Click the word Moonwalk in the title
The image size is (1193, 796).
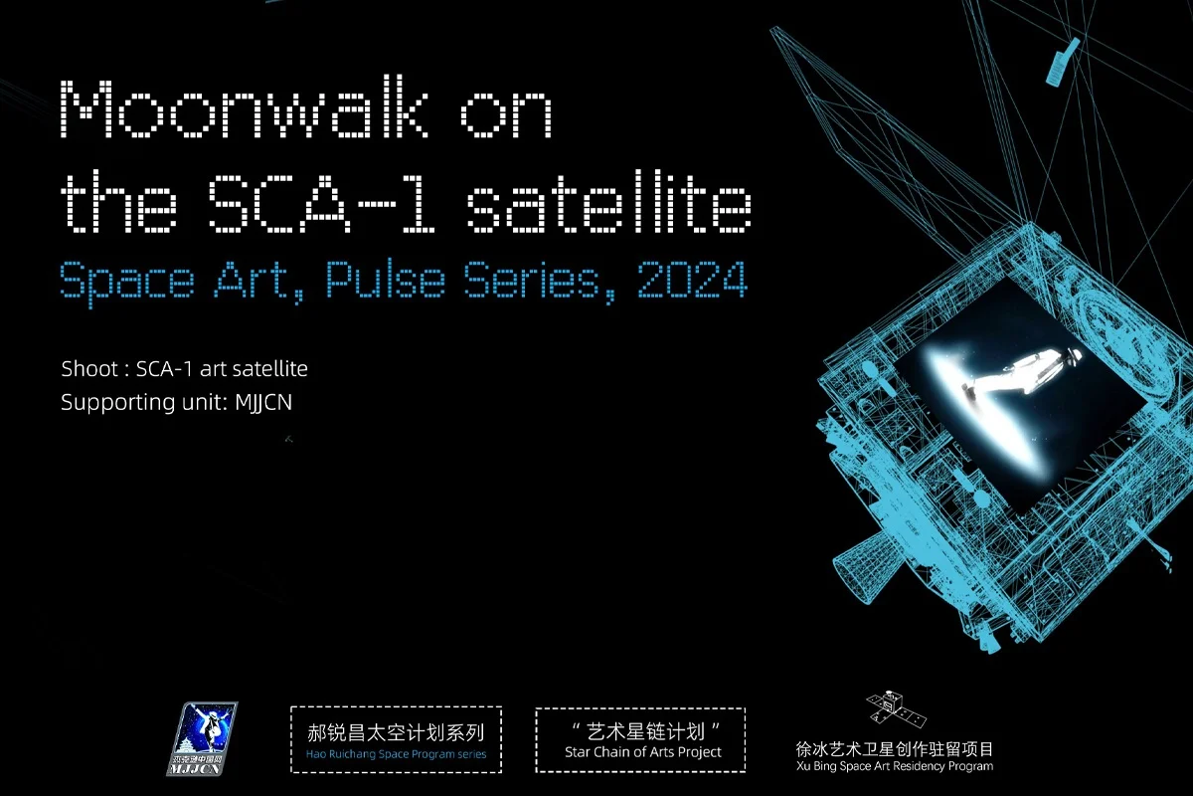(x=244, y=108)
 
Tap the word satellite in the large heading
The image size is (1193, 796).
(x=609, y=202)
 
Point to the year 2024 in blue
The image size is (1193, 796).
(x=692, y=280)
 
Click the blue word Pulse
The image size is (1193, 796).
(x=385, y=280)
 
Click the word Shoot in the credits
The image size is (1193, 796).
(x=89, y=369)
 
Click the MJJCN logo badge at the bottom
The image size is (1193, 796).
(x=202, y=738)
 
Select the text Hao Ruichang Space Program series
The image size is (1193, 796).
(x=396, y=754)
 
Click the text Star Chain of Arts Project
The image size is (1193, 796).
(x=643, y=752)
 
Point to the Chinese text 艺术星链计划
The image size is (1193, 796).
(x=645, y=732)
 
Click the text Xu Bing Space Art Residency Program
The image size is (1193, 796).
(x=895, y=766)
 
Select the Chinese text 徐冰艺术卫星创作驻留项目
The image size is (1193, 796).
(x=895, y=749)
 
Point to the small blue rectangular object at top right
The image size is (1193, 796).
(x=1063, y=62)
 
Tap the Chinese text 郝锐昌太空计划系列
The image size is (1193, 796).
(x=396, y=732)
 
